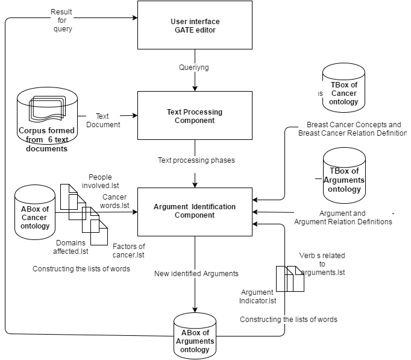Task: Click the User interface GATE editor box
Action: click(195, 25)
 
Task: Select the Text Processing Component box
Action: click(195, 116)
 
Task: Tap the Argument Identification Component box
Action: click(195, 212)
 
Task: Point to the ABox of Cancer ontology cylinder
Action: click(35, 213)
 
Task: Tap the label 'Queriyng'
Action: click(194, 68)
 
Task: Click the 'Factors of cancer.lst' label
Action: click(129, 250)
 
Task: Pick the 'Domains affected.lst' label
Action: click(71, 247)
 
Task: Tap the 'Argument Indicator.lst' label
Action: click(257, 296)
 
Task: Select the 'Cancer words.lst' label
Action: click(116, 201)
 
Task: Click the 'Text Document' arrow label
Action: click(103, 120)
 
